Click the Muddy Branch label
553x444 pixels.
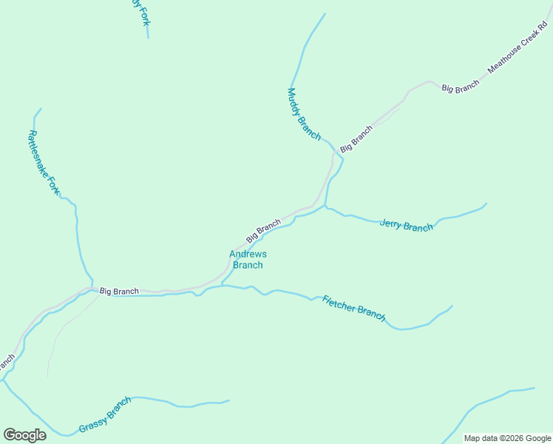tap(304, 114)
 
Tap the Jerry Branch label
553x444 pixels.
tap(406, 225)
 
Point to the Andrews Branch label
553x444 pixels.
tap(248, 260)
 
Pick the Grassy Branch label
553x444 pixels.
tap(105, 415)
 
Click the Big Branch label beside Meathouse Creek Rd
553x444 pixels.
tap(461, 87)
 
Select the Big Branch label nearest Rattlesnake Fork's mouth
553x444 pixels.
tap(119, 292)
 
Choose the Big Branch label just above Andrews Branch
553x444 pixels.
tap(264, 230)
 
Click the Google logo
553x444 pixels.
tap(24, 435)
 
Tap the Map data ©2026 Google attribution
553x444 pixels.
tap(508, 438)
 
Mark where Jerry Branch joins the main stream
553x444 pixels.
tap(325, 206)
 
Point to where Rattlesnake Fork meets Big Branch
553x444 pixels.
tap(92, 287)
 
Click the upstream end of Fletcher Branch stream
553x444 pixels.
tap(452, 306)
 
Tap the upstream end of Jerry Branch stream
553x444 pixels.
tap(486, 203)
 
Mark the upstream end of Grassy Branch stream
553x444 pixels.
tap(228, 401)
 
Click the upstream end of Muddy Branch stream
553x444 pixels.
tap(325, 13)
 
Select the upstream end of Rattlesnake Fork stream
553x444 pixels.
tap(41, 109)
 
